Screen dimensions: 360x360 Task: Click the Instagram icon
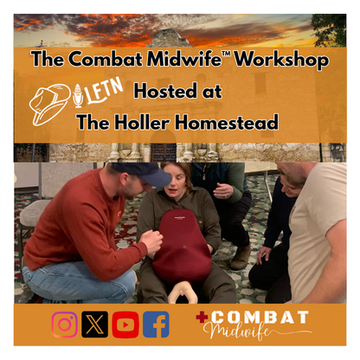tap(65, 325)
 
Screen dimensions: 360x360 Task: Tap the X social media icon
tap(94, 325)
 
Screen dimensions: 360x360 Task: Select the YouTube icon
tap(125, 325)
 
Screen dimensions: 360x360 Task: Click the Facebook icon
tap(156, 325)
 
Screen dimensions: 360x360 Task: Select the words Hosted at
tap(177, 91)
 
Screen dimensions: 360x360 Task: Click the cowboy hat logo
tap(50, 100)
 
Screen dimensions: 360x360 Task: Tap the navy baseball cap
tap(147, 174)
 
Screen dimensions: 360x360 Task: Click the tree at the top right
tap(329, 29)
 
